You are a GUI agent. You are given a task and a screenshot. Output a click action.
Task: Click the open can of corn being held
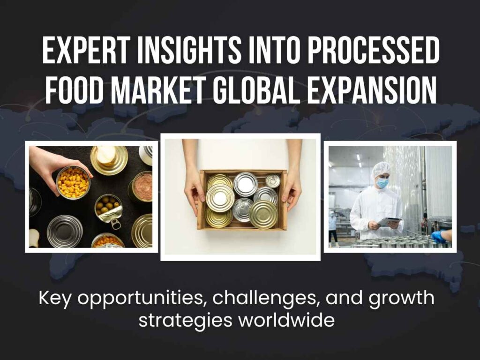coord(73,182)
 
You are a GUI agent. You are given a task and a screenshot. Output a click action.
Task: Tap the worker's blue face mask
coord(382,183)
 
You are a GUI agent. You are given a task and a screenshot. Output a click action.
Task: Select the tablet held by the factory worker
coord(388,221)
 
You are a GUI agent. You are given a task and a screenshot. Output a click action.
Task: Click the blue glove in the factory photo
coord(438,237)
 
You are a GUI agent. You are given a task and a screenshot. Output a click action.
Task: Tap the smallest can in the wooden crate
coord(272,180)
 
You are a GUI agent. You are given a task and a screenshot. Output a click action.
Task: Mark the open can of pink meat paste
coord(142,187)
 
